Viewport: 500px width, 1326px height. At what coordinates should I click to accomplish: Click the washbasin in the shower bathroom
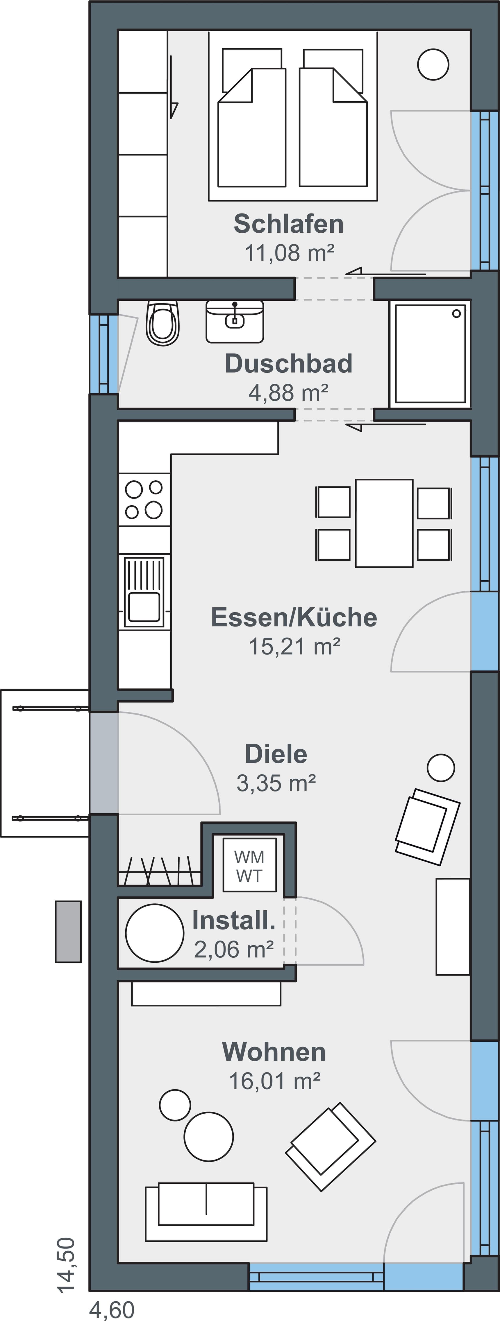[x=235, y=322]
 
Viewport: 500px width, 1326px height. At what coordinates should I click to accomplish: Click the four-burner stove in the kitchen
[x=144, y=499]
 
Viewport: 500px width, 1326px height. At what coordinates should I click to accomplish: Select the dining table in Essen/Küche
[x=384, y=523]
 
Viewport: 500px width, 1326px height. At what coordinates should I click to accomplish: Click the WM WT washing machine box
[x=249, y=866]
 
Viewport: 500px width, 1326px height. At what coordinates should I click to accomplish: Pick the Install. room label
[x=234, y=921]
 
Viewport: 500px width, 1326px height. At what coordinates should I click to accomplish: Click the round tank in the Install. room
[x=154, y=933]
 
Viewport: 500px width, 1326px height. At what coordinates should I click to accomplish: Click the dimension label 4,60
[x=112, y=1310]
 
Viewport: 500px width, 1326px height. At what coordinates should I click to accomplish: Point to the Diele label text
[x=276, y=754]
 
